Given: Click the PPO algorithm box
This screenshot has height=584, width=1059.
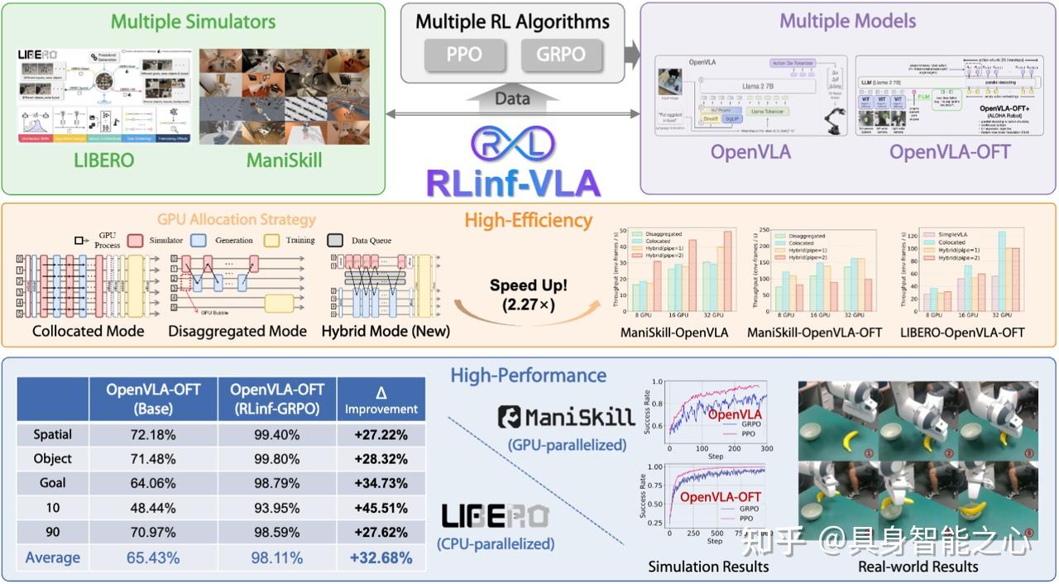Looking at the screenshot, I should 464,55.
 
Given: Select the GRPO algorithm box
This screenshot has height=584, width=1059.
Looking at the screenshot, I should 562,55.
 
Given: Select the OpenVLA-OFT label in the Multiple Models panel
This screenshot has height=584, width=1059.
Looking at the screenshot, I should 949,152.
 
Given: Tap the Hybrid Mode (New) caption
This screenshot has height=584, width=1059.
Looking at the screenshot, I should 386,331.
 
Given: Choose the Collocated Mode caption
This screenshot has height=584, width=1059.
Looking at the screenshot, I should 88,331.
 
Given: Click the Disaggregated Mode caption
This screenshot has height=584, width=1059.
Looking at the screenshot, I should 237,331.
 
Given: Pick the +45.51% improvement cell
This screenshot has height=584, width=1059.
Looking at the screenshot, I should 381,508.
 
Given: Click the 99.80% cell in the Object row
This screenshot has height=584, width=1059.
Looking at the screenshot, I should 276,458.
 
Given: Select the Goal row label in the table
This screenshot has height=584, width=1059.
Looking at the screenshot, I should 52,482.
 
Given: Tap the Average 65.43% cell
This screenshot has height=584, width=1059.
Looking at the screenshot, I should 153,558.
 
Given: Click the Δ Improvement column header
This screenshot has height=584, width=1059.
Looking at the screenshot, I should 381,400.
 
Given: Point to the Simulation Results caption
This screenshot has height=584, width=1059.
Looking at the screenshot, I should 708,567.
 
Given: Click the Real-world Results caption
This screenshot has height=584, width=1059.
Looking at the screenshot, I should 918,567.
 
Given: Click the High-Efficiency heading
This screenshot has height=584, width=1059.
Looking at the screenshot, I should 528,220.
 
